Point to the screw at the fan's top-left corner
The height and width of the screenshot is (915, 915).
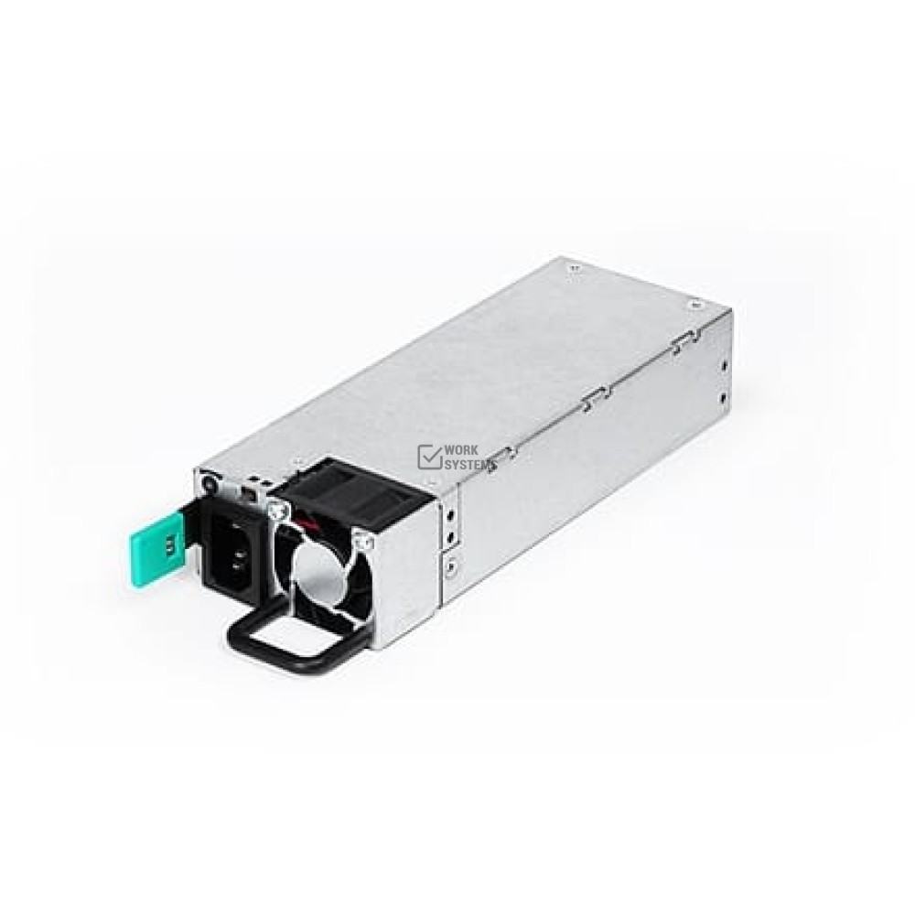(x=277, y=512)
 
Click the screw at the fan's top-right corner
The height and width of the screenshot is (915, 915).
(x=367, y=543)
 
